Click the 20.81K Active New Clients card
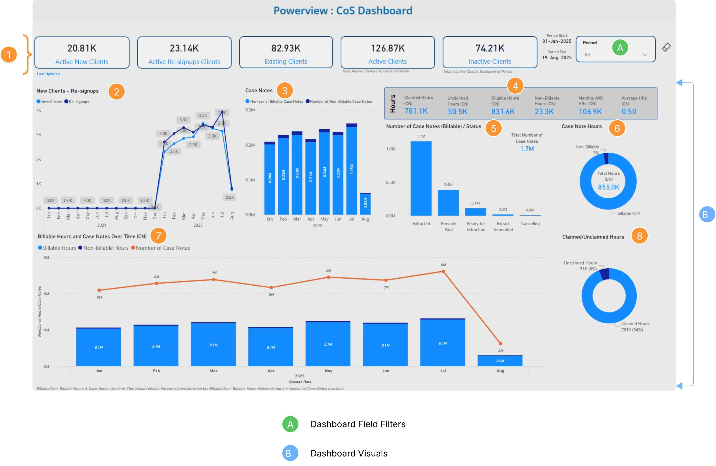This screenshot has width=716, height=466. coord(82,53)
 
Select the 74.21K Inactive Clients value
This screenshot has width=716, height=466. coord(490,48)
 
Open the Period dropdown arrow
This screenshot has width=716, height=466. coord(645,55)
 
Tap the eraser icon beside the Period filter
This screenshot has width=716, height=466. coord(666,47)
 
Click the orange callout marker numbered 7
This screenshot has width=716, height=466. coord(158,236)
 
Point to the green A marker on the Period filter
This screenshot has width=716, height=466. coord(620,48)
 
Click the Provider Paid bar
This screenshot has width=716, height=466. coord(448,203)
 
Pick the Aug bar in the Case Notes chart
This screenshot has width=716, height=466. coord(365,204)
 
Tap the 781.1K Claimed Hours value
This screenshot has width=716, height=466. coord(416,111)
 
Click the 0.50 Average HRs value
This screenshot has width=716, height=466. coord(629,112)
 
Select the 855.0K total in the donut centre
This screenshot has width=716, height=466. coord(608,187)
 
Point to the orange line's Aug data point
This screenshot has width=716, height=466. coord(500,343)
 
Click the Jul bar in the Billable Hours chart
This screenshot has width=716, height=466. coord(443,342)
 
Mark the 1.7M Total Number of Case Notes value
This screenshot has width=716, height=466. coord(527,149)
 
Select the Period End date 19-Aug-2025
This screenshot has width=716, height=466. coord(557,57)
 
